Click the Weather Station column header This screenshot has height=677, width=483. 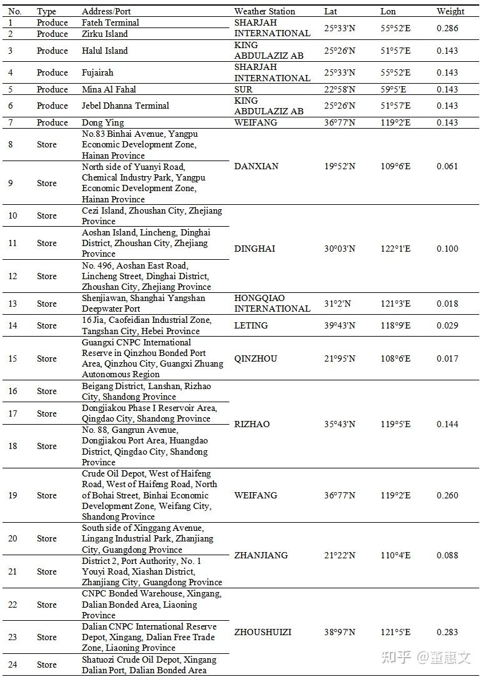[264, 11]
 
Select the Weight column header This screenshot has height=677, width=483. [450, 11]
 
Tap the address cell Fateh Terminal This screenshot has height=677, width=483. [111, 22]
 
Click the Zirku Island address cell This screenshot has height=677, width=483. [104, 34]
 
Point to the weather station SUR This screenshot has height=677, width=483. [243, 89]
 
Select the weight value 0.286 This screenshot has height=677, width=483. [447, 28]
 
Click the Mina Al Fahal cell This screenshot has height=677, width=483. [109, 89]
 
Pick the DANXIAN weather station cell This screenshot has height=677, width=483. [256, 166]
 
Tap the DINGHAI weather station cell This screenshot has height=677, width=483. [254, 249]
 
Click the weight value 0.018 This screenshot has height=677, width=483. [447, 304]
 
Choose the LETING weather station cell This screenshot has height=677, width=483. [251, 325]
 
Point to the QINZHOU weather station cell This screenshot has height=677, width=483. [256, 358]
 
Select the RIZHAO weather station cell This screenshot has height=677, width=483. [252, 424]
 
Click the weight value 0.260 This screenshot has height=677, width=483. [447, 495]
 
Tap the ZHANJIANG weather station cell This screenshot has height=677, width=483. [261, 555]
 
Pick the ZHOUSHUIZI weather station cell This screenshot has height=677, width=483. [262, 632]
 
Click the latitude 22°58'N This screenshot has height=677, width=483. [339, 89]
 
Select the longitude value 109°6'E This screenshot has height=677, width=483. [396, 166]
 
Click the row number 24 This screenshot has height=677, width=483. [12, 665]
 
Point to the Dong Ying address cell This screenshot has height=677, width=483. [102, 122]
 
